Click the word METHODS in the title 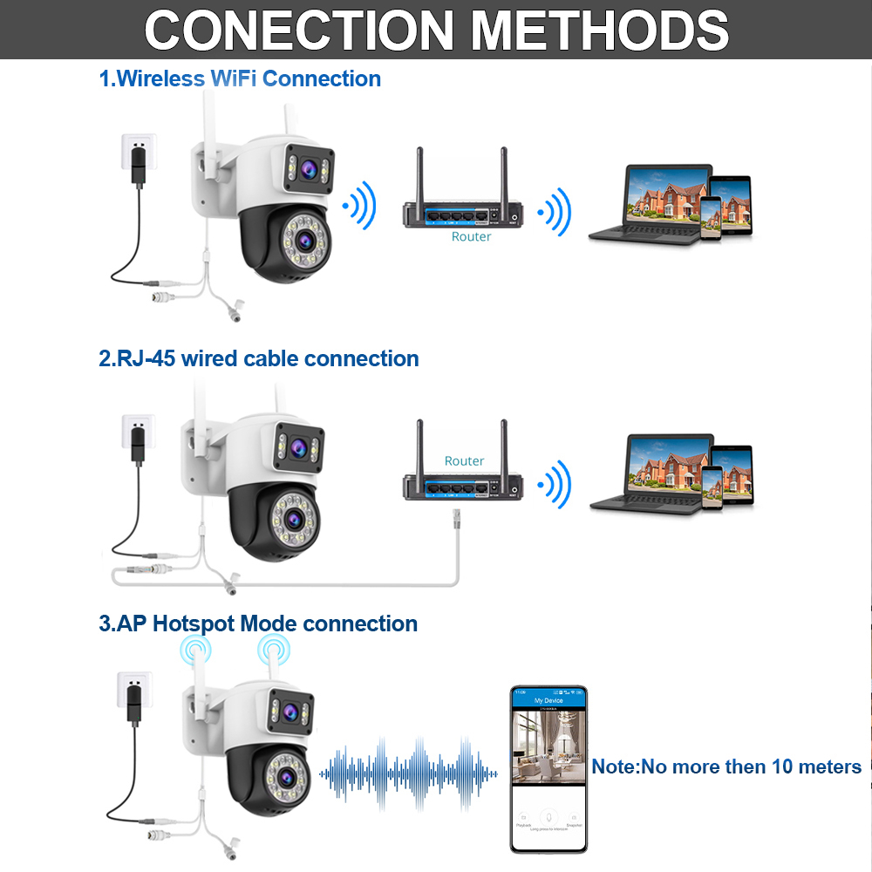click(x=600, y=31)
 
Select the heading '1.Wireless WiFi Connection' click(x=240, y=78)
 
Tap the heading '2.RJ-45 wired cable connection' click(x=259, y=358)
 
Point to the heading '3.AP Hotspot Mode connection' click(x=258, y=623)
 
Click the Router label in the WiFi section click(x=471, y=236)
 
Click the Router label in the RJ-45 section click(x=464, y=460)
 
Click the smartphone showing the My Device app click(x=548, y=767)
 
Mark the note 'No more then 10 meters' click(x=726, y=766)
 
